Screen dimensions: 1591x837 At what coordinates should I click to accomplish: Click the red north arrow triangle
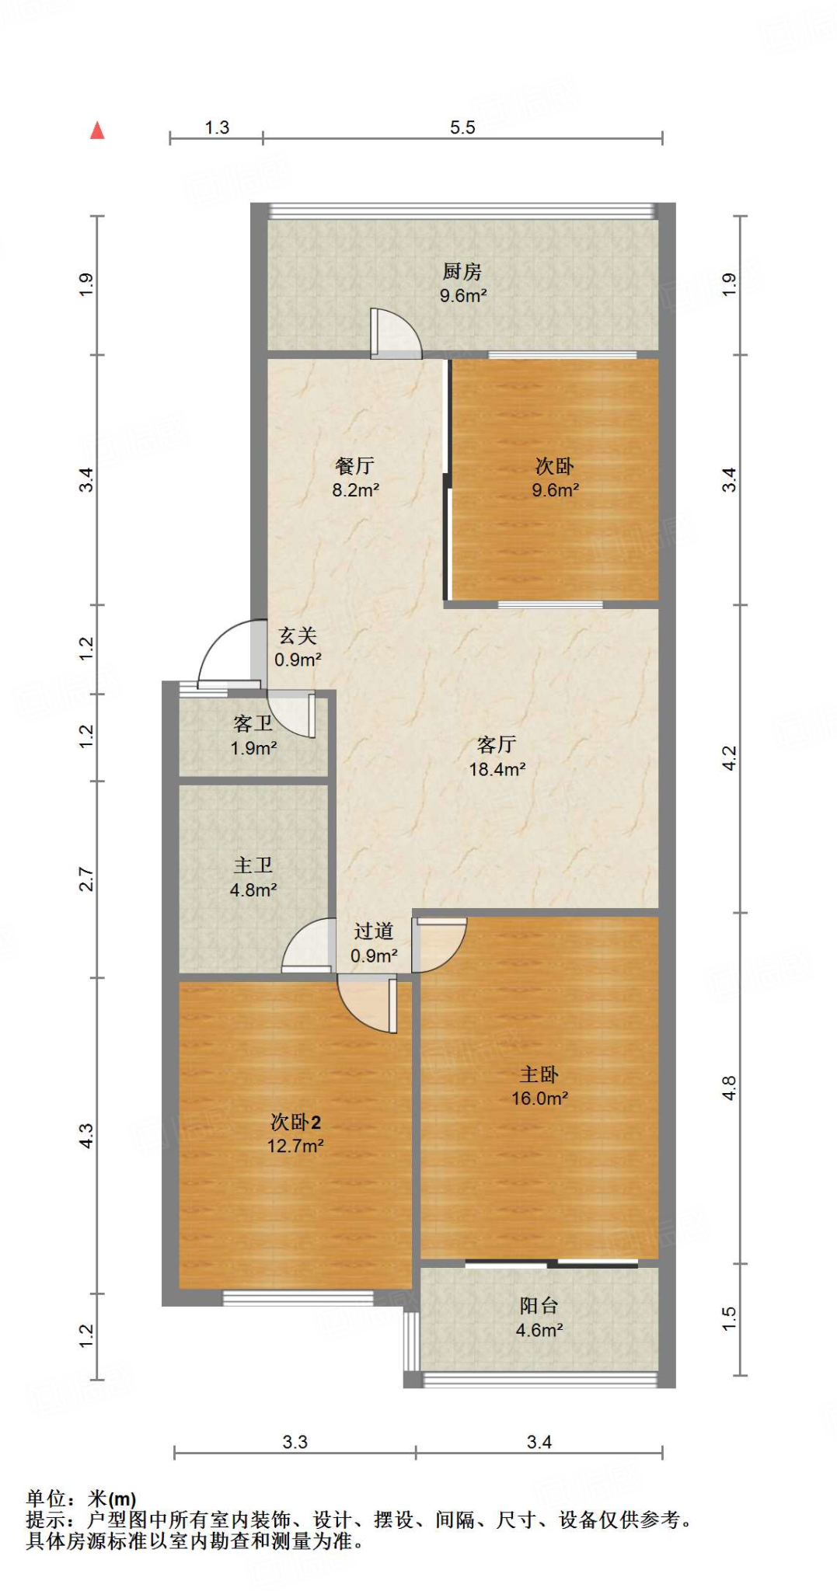[x=97, y=131]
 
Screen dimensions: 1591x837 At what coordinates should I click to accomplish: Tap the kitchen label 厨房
[x=462, y=271]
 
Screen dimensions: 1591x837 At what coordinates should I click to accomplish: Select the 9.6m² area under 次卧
[x=555, y=490]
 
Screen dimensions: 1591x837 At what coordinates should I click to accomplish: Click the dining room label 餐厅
[x=355, y=465]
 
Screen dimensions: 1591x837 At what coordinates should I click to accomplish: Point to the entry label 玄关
[x=298, y=635]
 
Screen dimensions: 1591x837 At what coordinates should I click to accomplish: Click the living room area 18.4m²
[x=497, y=769]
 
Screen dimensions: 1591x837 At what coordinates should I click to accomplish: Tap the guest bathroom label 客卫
[x=253, y=723]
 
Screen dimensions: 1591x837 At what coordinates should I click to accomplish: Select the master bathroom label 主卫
[x=253, y=865]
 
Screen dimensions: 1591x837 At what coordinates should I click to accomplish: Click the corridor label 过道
[x=374, y=931]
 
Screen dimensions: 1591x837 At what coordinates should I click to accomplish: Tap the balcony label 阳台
[x=539, y=1305]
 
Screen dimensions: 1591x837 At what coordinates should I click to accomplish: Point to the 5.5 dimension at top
[x=462, y=127]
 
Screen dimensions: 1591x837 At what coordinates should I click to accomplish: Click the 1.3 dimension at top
[x=217, y=127]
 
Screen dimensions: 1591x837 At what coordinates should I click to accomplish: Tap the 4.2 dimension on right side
[x=728, y=757]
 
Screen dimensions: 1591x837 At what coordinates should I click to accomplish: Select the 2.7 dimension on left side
[x=86, y=879]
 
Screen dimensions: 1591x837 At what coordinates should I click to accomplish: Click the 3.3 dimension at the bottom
[x=295, y=1442]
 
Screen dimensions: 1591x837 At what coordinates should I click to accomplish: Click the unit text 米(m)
[x=112, y=1499]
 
